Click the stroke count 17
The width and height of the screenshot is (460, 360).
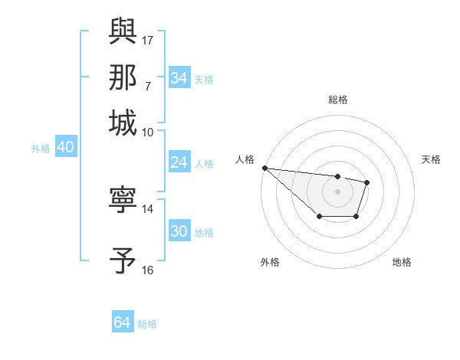coord(148,38)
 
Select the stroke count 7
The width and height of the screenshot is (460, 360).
coord(148,85)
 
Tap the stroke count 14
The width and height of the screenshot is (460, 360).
coord(148,208)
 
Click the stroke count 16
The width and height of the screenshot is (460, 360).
coord(148,270)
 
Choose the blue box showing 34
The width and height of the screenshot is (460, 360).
coord(179,78)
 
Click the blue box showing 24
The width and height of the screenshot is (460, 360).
coord(179,162)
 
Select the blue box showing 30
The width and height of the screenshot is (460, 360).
coord(179,231)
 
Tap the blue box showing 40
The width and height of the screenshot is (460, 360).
coord(65,148)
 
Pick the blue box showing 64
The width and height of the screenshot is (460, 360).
coord(122,322)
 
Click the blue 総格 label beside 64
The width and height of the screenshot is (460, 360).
coord(147,324)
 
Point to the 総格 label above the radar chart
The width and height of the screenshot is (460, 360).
coord(337,100)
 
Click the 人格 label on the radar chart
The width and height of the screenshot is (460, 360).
coord(245,159)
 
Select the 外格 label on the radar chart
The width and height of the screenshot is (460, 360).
coord(269,262)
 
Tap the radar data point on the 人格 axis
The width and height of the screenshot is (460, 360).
coord(264,168)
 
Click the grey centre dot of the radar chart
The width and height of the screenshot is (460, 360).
coord(337,191)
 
